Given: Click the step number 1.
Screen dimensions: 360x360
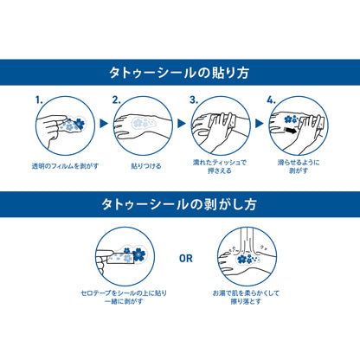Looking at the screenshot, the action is (x=39, y=100).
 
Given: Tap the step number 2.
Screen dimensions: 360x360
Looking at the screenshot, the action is (x=116, y=100).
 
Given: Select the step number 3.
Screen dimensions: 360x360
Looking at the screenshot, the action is (x=194, y=100).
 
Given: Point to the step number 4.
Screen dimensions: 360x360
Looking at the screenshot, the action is (x=271, y=100).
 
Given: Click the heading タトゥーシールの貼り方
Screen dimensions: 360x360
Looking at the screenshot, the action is (x=179, y=73).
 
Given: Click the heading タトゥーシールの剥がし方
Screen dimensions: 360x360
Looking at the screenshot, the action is (x=179, y=204).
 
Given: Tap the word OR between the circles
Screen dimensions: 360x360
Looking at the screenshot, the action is (x=186, y=259).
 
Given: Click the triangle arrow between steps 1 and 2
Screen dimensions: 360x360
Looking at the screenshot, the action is (x=104, y=124).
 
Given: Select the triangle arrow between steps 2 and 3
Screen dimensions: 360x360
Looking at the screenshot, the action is (x=182, y=124).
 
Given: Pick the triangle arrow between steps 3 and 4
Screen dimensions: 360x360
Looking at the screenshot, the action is (x=260, y=124).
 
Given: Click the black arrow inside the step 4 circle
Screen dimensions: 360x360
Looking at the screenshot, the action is (x=290, y=131).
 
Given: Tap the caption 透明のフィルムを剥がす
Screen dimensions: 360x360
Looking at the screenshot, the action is (x=65, y=166).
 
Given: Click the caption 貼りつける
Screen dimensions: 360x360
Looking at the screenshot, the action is (x=146, y=166).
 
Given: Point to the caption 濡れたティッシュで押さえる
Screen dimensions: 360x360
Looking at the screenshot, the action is (x=220, y=166).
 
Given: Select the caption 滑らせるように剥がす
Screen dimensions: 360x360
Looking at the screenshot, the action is (x=299, y=166).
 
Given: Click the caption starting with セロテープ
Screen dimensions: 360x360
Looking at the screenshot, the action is (x=124, y=297).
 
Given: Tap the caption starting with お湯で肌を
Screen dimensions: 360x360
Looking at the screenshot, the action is (x=246, y=297).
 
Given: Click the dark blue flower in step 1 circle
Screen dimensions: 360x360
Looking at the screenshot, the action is (x=79, y=124).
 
